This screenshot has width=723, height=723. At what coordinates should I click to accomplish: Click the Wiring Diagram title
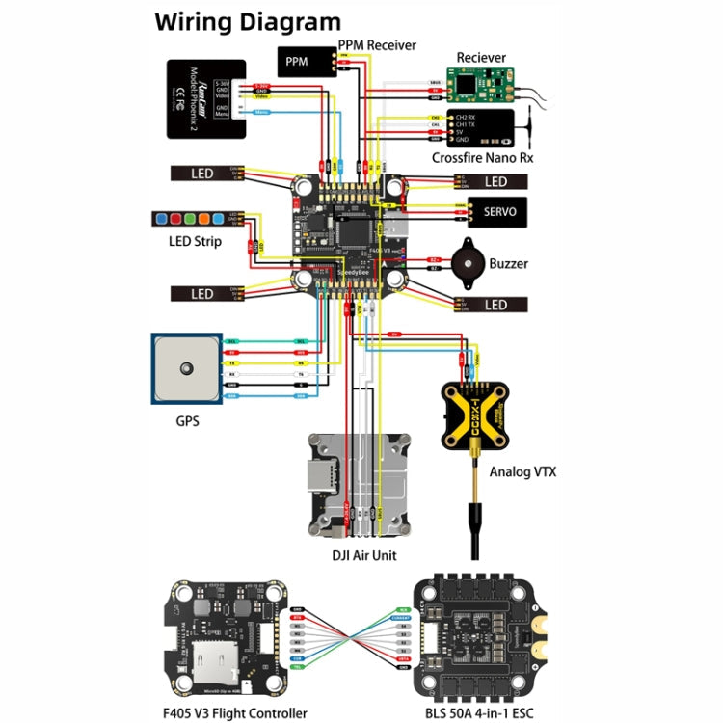pyautogui.click(x=248, y=21)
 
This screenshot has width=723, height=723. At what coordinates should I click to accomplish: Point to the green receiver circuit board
pyautogui.click(x=480, y=86)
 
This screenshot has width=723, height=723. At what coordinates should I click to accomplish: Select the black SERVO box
pyautogui.click(x=496, y=213)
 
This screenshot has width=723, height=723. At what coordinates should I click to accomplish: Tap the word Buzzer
pyautogui.click(x=508, y=263)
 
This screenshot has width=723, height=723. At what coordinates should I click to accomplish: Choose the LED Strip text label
pyautogui.click(x=195, y=241)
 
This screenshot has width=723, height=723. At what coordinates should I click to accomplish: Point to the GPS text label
pyautogui.click(x=187, y=421)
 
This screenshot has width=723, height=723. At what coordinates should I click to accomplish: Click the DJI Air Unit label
pyautogui.click(x=358, y=555)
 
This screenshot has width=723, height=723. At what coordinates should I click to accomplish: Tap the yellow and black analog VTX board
pyautogui.click(x=474, y=415)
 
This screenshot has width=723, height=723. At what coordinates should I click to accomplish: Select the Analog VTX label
pyautogui.click(x=523, y=472)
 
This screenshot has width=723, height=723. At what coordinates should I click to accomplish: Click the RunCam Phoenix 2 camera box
pyautogui.click(x=204, y=100)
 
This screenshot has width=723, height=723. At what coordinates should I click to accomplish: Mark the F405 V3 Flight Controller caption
pyautogui.click(x=236, y=712)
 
